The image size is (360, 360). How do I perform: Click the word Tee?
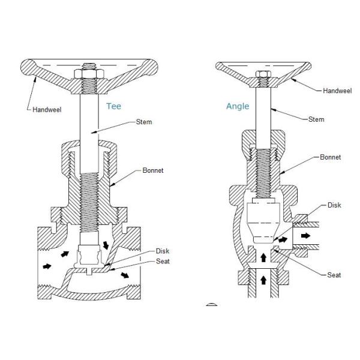pyautogui.click(x=113, y=106)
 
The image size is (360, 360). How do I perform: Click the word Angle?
pyautogui.click(x=237, y=106)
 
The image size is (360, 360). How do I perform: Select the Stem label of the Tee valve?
pyautogui.click(x=144, y=122)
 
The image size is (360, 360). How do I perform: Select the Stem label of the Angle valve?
pyautogui.click(x=316, y=119)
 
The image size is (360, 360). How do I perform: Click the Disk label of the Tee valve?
pyautogui.click(x=163, y=251)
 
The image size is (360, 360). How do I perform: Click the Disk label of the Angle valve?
pyautogui.click(x=334, y=204)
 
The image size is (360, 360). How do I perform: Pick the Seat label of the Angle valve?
pyautogui.click(x=334, y=275)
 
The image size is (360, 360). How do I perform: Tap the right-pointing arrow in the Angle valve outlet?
pyautogui.click(x=306, y=236)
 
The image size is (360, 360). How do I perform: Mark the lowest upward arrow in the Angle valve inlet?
pyautogui.click(x=262, y=280)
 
